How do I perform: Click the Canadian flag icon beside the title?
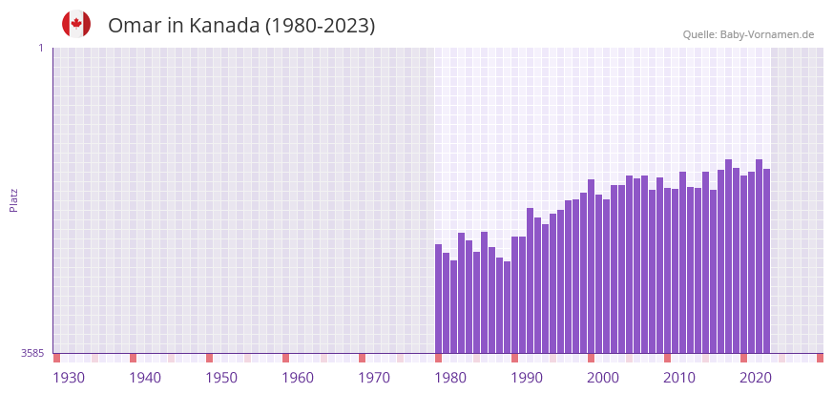pos(76,25)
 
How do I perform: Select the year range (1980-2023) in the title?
pos(320,26)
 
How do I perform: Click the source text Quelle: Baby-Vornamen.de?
pos(748,34)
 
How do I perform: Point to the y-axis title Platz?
pos(14,200)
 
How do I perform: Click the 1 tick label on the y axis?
pos(40,48)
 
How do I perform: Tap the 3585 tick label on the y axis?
pos(32,354)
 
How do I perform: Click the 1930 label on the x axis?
pos(69,378)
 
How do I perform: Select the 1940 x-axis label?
pos(145,378)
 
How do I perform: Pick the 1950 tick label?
pos(221,378)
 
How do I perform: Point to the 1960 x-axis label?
pos(298,378)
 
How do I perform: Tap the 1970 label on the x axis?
pos(374,378)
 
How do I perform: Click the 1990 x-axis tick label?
pos(527,378)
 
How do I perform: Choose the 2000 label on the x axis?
pos(603,378)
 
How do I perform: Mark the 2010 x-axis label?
pos(679,378)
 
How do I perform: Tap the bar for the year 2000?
pos(591,266)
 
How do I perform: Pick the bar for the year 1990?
pos(515,295)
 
